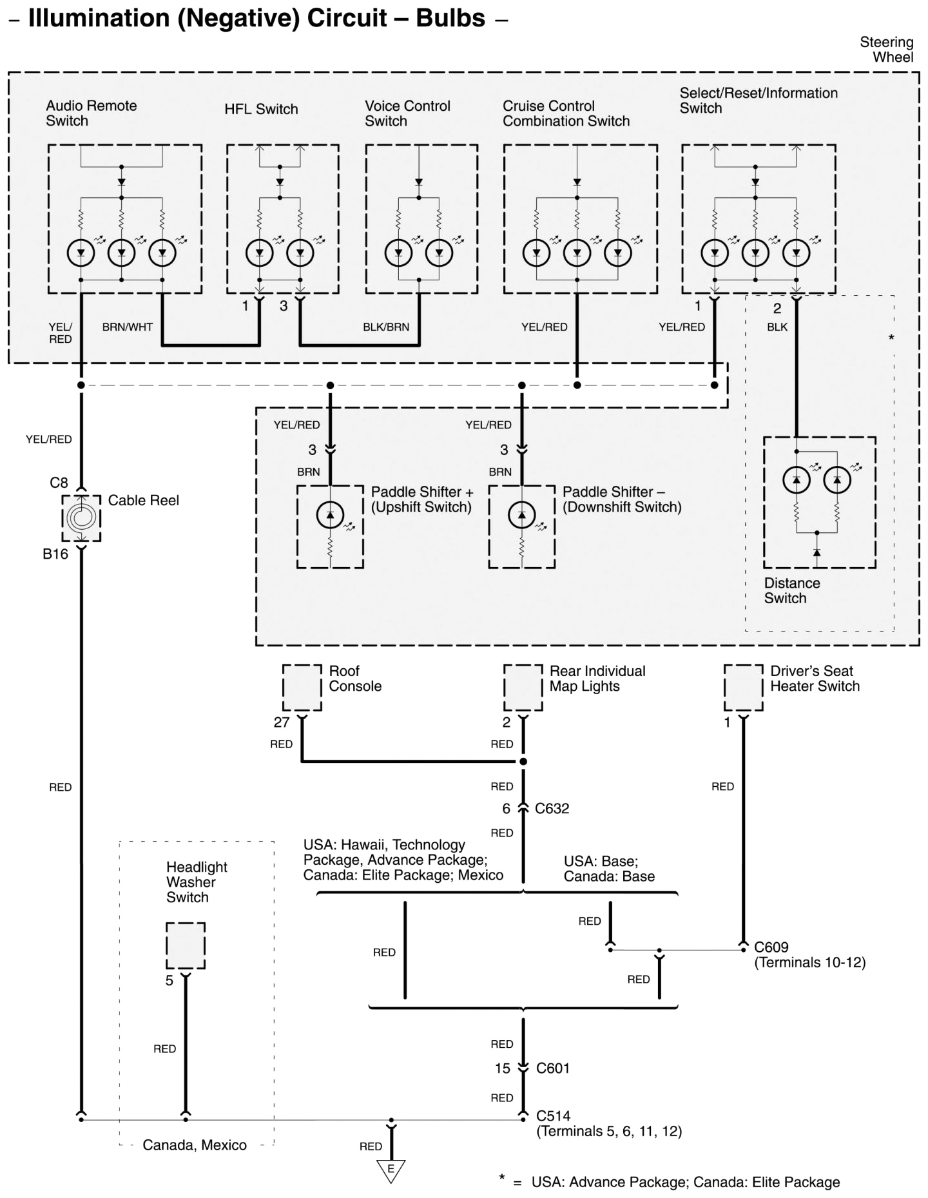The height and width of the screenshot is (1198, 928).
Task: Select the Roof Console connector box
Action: coord(302,688)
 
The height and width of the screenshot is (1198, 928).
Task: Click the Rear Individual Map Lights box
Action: coord(523,688)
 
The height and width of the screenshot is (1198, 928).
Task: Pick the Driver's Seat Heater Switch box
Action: coord(743,688)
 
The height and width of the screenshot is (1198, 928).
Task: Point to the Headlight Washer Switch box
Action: coord(186,945)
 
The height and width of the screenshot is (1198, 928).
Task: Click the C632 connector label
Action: coord(552,809)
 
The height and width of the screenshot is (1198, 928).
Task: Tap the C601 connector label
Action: coord(553,1068)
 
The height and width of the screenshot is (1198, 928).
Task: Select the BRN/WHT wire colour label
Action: coord(128,327)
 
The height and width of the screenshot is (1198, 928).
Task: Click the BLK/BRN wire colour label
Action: coord(386,327)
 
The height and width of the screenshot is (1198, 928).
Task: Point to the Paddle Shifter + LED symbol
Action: coord(330,515)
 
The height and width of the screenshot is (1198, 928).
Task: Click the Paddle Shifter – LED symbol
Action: coord(521,515)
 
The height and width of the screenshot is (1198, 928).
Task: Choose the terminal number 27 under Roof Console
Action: coord(282,722)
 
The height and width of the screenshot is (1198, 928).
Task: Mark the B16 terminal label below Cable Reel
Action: coord(55,554)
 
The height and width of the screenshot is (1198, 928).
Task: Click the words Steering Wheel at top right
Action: coord(887,50)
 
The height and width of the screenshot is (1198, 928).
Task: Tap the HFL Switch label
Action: coord(261,110)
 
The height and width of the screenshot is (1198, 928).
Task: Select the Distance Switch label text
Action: coord(792,591)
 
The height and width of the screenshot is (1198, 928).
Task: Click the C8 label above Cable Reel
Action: coord(59,483)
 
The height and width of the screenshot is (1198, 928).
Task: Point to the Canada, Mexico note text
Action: coord(195,1145)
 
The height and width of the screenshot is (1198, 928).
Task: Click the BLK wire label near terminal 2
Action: coord(777,327)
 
